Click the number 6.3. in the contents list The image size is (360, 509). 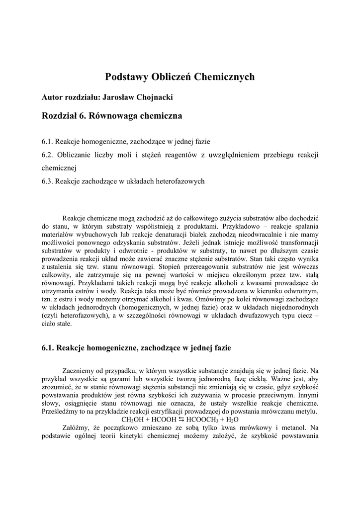[47, 181]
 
